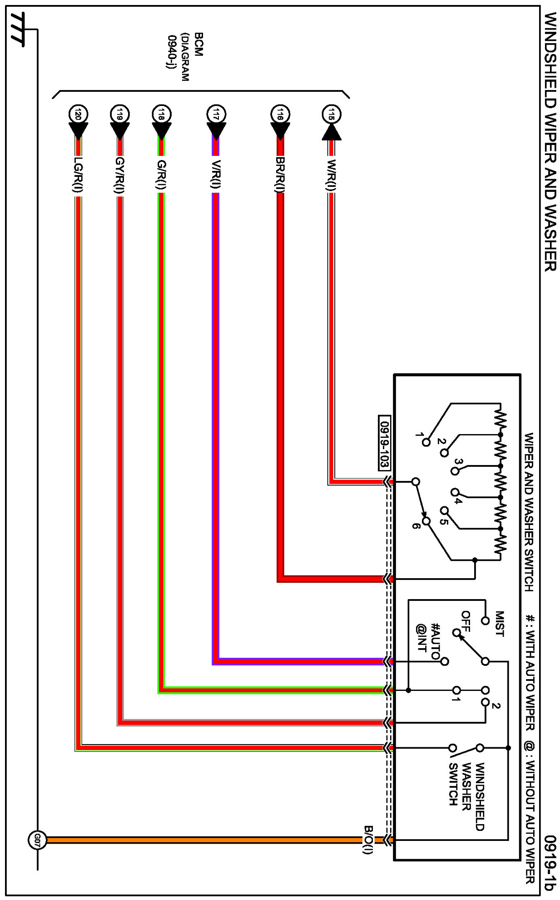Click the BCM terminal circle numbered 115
tap(331, 115)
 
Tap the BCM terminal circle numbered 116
tap(280, 114)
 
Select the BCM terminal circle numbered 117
tap(216, 114)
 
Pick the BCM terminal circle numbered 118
tap(161, 114)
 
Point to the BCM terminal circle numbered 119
tap(120, 114)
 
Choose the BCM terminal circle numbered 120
tap(78, 114)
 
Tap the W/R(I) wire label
tap(332, 175)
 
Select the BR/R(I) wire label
tap(280, 175)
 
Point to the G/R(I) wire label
tap(161, 175)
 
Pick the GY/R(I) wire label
tap(120, 175)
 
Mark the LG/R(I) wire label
tap(78, 175)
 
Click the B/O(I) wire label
tap(368, 840)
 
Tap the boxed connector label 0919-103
tap(384, 443)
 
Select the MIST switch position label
tap(499, 624)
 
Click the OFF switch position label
tap(466, 621)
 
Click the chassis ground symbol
tap(18, 30)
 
